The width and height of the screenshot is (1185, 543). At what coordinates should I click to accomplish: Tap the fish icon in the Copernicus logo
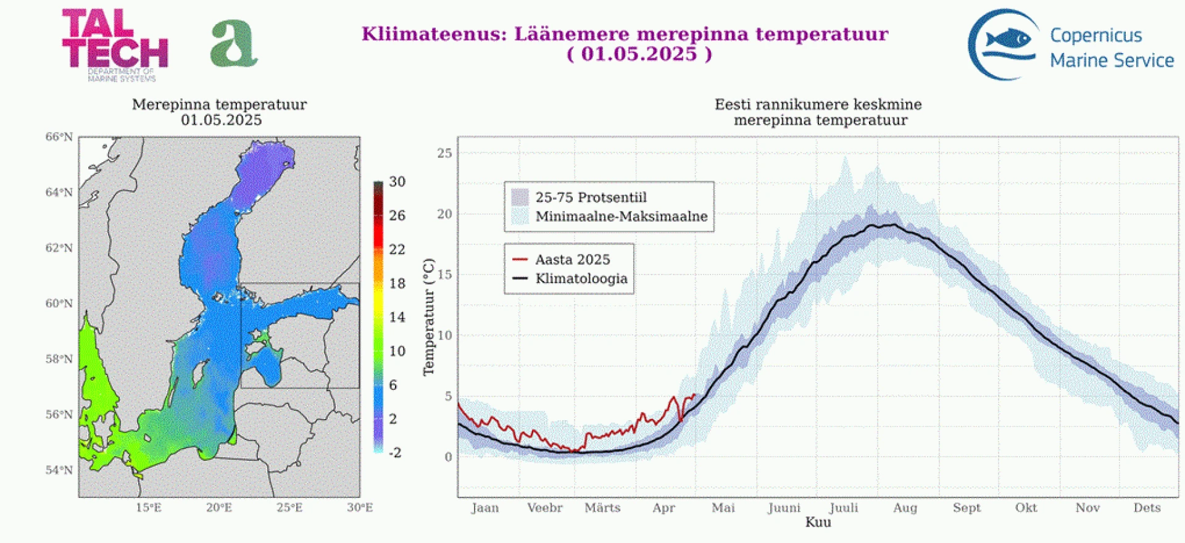(x=1008, y=39)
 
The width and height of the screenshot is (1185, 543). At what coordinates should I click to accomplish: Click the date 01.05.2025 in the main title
(x=639, y=54)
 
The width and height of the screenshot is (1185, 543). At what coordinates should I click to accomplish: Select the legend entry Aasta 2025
(x=572, y=260)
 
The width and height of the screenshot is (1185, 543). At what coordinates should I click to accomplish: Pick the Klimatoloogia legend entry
(x=581, y=279)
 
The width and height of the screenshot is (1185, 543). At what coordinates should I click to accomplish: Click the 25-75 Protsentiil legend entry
(x=591, y=197)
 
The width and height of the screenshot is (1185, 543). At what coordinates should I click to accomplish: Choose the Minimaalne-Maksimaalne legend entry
(x=621, y=217)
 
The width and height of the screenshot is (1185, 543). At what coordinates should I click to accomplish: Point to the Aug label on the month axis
(x=905, y=508)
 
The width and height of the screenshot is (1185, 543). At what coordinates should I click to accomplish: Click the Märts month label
(x=602, y=508)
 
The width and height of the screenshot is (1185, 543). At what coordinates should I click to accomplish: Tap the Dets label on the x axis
(x=1147, y=508)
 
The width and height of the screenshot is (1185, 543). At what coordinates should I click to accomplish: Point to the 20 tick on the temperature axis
(x=444, y=214)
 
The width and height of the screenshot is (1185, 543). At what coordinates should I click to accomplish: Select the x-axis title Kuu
(x=818, y=523)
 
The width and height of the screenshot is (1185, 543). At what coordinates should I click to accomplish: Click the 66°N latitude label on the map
(x=59, y=137)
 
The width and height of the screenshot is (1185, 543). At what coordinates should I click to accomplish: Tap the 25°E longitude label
(x=289, y=508)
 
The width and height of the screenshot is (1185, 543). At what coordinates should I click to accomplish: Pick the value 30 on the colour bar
(x=397, y=182)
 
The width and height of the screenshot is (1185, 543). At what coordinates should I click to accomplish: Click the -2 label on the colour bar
(x=395, y=453)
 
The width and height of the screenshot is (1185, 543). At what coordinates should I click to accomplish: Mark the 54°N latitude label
(x=59, y=470)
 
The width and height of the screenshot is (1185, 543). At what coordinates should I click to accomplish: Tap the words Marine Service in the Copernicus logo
(x=1112, y=60)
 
